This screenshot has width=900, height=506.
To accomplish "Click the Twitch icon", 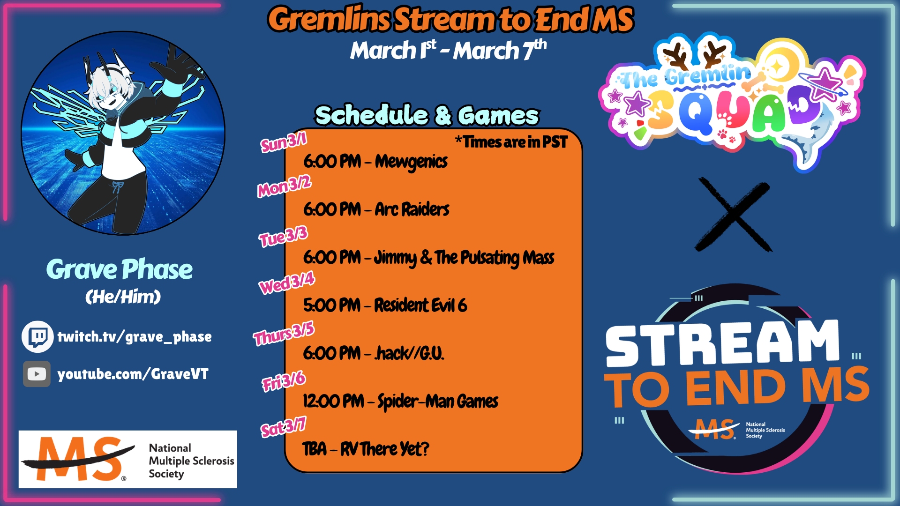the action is coord(37,336).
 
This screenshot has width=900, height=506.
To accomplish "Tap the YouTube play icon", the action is coord(37,374).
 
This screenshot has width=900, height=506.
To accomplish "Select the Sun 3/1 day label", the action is coord(284,142).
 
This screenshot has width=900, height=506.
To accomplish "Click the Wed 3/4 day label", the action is coord(287,283).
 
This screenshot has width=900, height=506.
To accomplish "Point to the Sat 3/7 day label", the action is coord(283,427).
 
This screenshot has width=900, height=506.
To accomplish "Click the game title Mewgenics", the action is coord(411,162).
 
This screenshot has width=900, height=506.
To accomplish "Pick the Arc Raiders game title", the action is coord(412,209).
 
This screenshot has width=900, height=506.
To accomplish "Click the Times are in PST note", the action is coord(511,141).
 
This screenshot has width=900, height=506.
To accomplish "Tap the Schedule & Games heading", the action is coord(427,115).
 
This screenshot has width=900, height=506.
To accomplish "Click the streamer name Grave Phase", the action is coord(120,270).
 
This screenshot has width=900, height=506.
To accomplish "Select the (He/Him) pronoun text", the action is coord(123,297).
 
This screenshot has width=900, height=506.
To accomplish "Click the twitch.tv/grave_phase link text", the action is coord(134,336).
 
